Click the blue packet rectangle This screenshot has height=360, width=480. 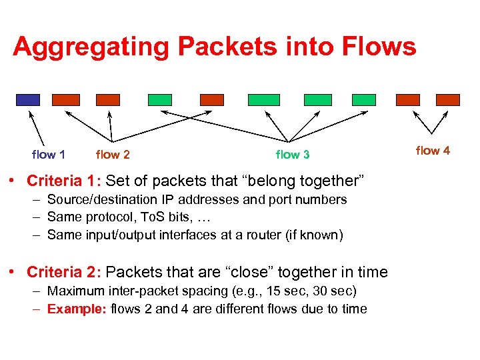point(28,100)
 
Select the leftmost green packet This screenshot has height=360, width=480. point(160,100)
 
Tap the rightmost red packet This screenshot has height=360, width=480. point(448,100)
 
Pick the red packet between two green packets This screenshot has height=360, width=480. point(212,100)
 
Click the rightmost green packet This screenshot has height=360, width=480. point(364,100)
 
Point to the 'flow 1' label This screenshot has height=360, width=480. point(49,155)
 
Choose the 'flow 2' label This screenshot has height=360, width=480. point(113,155)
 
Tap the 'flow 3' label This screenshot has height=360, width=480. point(293,155)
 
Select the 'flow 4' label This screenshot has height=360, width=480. point(433,151)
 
